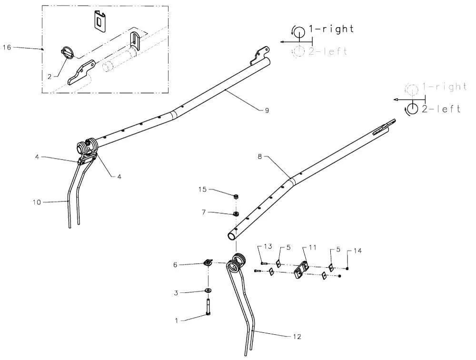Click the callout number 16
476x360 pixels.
pos(7,48)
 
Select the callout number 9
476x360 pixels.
pos(267,110)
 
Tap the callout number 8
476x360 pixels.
pos(260,157)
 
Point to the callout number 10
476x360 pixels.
pos(37,202)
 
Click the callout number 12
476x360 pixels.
pos(297,337)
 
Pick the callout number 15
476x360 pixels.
pos(202,190)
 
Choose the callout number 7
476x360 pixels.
pos(204,212)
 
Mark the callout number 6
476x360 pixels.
pos(175,265)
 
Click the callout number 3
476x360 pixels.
pos(176,293)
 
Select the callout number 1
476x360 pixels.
pos(177,320)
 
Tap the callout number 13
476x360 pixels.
pos(268,246)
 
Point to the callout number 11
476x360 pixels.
pos(313,248)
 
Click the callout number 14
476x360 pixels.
pos(357,250)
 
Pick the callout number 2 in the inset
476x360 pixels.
pos(50,77)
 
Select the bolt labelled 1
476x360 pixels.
pos(208,307)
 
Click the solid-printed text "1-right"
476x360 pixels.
pos(331,29)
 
